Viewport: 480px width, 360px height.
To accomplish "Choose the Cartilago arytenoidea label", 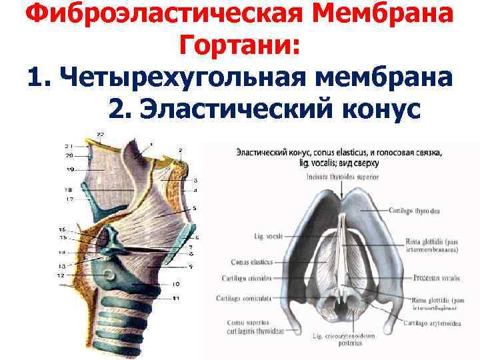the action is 433,323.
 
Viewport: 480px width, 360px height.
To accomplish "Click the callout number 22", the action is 99,135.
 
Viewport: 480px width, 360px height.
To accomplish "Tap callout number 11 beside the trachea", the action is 176,297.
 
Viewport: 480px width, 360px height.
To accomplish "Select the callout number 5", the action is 195,208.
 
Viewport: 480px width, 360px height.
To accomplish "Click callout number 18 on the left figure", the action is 69,190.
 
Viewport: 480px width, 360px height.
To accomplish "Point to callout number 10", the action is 176,283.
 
